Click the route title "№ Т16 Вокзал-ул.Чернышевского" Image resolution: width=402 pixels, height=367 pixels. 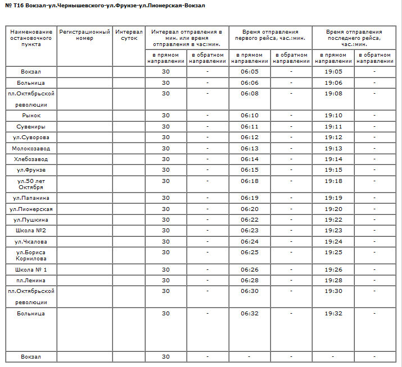(x=105, y=6)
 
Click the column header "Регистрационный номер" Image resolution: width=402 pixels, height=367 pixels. (x=84, y=35)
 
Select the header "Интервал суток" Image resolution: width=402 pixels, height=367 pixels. (x=129, y=35)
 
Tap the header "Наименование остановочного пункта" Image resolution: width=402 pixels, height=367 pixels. (x=31, y=38)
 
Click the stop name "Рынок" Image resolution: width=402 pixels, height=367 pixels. (x=31, y=116)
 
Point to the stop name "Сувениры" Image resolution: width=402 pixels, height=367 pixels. (x=31, y=127)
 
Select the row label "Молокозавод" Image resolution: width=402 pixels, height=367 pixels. (x=31, y=148)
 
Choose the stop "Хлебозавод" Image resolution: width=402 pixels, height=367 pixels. (x=31, y=159)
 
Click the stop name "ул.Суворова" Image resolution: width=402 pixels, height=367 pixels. (x=31, y=137)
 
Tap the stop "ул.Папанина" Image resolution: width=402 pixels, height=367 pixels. (x=31, y=198)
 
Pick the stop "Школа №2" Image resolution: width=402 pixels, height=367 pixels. (x=31, y=231)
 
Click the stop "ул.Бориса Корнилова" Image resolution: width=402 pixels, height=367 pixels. (x=31, y=256)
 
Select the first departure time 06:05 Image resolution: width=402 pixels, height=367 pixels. (x=249, y=72)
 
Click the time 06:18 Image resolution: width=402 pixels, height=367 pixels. (x=249, y=181)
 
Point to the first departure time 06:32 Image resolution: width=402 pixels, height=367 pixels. (x=249, y=313)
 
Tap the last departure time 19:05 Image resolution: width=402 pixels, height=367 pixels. (x=333, y=72)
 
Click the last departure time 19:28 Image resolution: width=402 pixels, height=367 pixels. (x=333, y=280)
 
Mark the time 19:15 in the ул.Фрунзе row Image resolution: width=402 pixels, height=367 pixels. (x=333, y=170)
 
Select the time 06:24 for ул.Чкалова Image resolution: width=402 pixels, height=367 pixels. (x=249, y=242)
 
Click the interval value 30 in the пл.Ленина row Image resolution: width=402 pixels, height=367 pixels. (x=165, y=280)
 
